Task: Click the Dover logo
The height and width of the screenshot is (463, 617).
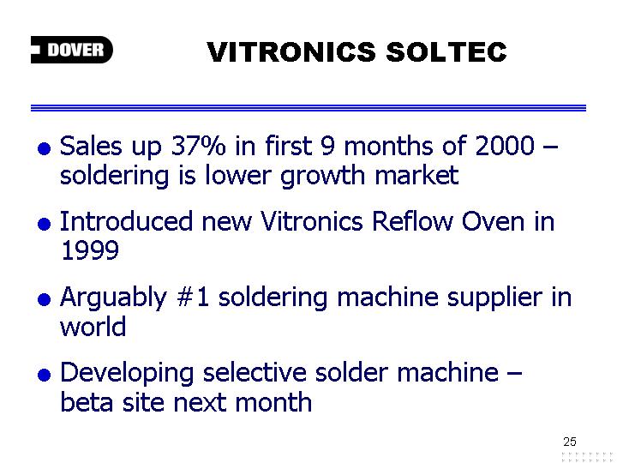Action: coord(72,50)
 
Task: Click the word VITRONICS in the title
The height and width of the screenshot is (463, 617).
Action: coord(291,52)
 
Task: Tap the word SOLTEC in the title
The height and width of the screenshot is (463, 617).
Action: coord(446,52)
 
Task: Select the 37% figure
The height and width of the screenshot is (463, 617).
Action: coord(199,145)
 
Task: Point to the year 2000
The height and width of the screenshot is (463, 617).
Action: coord(505,145)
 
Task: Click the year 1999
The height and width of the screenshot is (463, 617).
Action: coord(90,250)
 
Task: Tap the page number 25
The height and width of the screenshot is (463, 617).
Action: coord(569,442)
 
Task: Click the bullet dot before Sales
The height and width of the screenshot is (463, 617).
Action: coord(44,148)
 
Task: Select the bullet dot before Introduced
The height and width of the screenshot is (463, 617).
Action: coord(44,224)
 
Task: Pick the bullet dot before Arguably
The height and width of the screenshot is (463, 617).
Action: coord(44,299)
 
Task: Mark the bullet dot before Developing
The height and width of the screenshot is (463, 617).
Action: coord(44,375)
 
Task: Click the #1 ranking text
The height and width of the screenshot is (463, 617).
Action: coord(193,297)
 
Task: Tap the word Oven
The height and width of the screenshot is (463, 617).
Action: coord(493,221)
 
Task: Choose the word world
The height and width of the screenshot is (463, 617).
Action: coord(93,326)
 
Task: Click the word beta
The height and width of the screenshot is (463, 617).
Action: coord(87,401)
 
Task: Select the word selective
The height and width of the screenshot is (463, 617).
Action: coord(255,372)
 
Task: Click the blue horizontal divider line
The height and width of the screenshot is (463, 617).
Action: coord(308,108)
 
